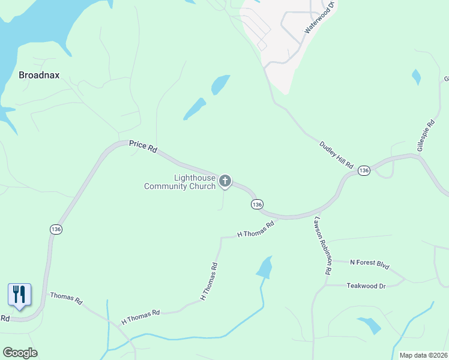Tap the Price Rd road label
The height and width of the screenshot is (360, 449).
point(143,146)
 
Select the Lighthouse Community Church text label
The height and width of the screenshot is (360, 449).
point(179,182)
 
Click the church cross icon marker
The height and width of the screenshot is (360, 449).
point(225,181)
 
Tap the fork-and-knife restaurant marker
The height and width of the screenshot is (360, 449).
point(19,295)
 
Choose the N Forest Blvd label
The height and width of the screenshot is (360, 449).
point(370,262)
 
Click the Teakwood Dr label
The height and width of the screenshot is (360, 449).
point(366,286)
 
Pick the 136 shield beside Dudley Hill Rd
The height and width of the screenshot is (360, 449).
point(364,171)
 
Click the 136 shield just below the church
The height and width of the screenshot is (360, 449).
point(257,205)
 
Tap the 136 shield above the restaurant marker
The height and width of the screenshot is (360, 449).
point(56,229)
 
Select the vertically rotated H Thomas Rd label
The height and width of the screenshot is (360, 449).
point(208,281)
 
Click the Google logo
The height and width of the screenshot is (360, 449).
point(20,353)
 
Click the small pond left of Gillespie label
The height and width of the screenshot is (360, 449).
point(416,77)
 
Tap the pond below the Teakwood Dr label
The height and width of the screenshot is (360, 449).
point(370,325)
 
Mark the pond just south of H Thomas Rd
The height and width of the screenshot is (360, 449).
point(264,268)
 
